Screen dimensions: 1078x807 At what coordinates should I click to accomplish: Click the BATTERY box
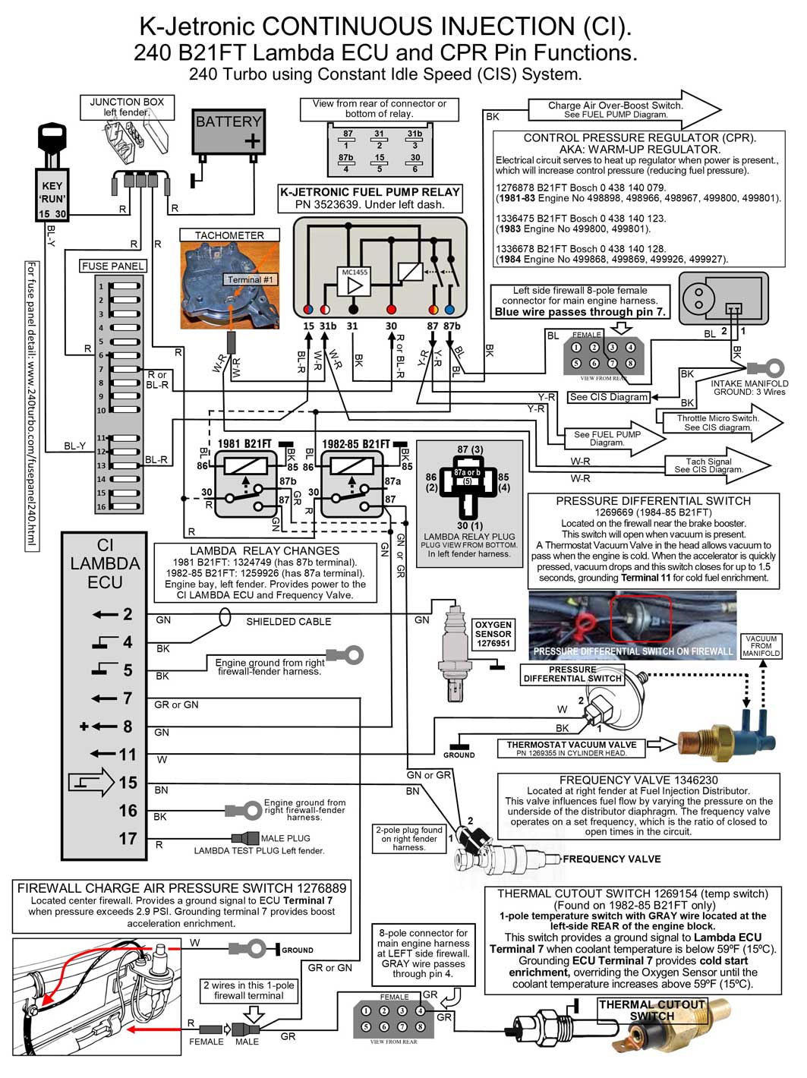click(228, 131)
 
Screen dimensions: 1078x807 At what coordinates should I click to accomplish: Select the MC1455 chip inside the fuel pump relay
click(355, 282)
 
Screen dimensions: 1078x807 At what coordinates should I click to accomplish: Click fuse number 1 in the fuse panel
click(125, 287)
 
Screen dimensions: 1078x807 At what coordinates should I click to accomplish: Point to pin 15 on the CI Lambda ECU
click(128, 783)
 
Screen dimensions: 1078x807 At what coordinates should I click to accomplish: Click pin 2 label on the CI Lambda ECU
click(128, 614)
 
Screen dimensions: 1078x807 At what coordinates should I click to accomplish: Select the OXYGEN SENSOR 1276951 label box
click(493, 634)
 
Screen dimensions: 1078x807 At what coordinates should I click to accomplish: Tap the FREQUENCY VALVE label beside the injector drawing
click(611, 859)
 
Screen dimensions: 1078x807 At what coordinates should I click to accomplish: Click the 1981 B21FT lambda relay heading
click(244, 444)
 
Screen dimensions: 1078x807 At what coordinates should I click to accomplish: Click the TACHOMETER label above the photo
click(229, 235)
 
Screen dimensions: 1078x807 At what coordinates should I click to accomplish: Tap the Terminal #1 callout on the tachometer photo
click(250, 280)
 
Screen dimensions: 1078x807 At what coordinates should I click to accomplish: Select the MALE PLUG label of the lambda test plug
click(285, 839)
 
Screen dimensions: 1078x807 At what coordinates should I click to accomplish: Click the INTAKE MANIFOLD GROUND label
click(749, 387)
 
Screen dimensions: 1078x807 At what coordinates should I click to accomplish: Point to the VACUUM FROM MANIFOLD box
click(761, 646)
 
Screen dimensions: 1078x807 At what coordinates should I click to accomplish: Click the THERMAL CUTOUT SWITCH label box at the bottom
click(652, 1010)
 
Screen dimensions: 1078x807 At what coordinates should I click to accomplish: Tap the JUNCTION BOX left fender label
click(127, 107)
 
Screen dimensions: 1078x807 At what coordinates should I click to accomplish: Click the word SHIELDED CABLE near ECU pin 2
click(288, 622)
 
